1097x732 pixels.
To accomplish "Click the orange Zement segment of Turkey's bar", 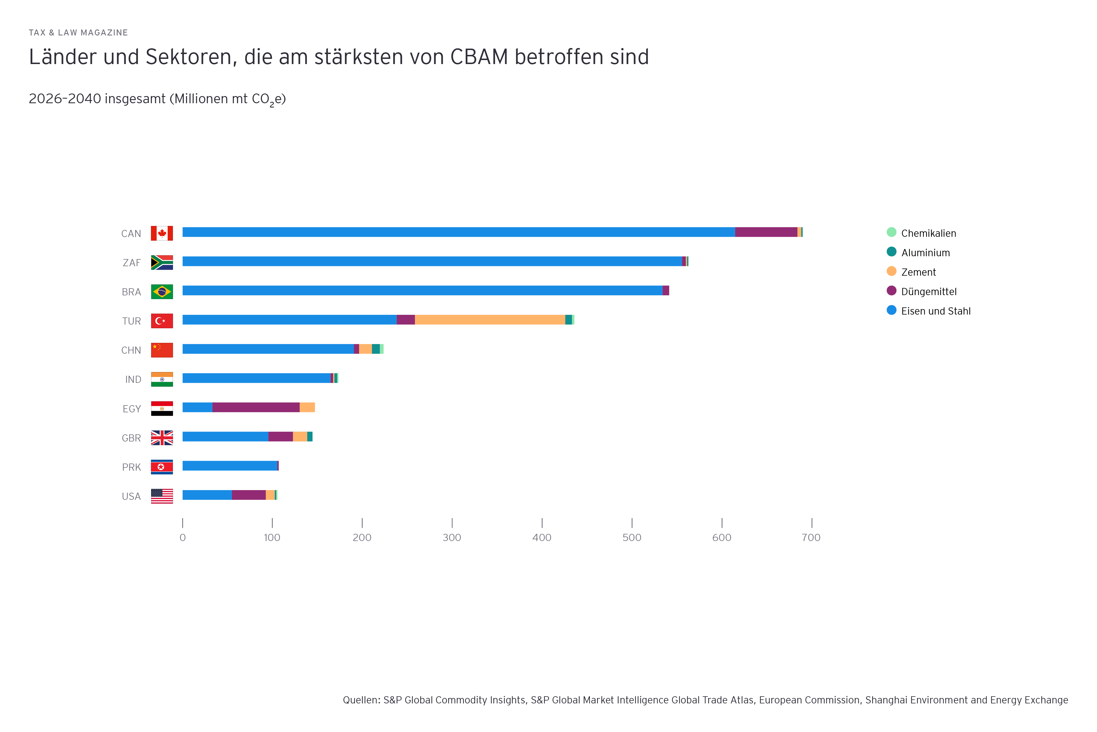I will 490,320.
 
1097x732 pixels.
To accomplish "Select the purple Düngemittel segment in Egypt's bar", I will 256,407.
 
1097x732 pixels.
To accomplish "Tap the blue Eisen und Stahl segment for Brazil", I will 422,291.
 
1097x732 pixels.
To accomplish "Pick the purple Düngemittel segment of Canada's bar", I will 766,232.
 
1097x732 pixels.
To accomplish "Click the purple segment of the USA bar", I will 249,495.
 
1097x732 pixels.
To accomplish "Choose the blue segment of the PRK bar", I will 229,466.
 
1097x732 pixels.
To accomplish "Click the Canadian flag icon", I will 162,233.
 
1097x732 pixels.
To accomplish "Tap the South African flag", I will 162,262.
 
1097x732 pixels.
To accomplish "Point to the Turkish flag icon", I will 162,321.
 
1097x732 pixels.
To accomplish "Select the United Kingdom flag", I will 162,438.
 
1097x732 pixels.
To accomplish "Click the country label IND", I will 133,379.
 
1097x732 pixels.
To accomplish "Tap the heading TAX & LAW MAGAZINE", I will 78,33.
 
